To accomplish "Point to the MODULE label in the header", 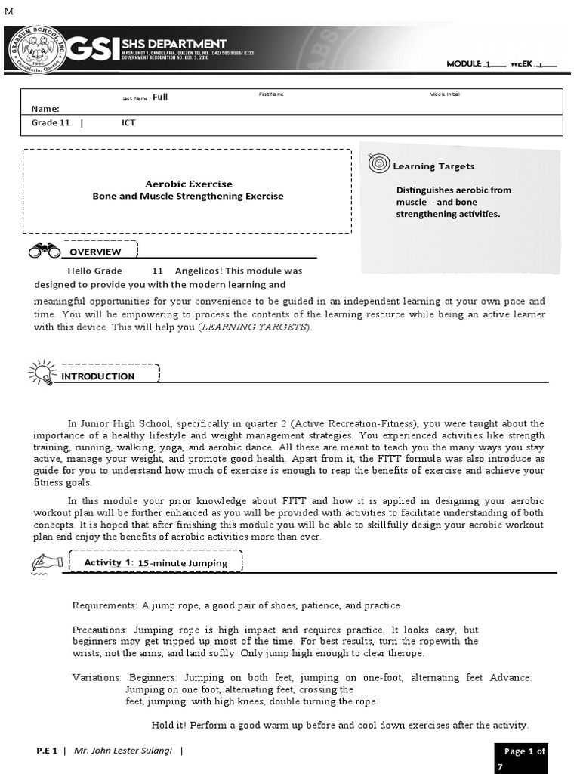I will (x=464, y=64).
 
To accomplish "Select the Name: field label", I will (x=45, y=109).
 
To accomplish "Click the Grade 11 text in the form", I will (x=51, y=122).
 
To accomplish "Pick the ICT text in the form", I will (x=128, y=122).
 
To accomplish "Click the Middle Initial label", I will (x=444, y=94).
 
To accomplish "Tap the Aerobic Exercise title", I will (x=188, y=184).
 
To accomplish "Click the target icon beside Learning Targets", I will (x=378, y=163).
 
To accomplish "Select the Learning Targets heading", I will (x=433, y=166).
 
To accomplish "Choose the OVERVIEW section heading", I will (x=95, y=252).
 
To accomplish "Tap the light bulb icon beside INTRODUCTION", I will (x=41, y=373).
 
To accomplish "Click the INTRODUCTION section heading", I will (x=98, y=376).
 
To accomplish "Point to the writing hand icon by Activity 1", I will (x=47, y=562).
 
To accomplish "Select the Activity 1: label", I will (x=109, y=562).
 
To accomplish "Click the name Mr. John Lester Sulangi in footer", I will (x=124, y=751).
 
